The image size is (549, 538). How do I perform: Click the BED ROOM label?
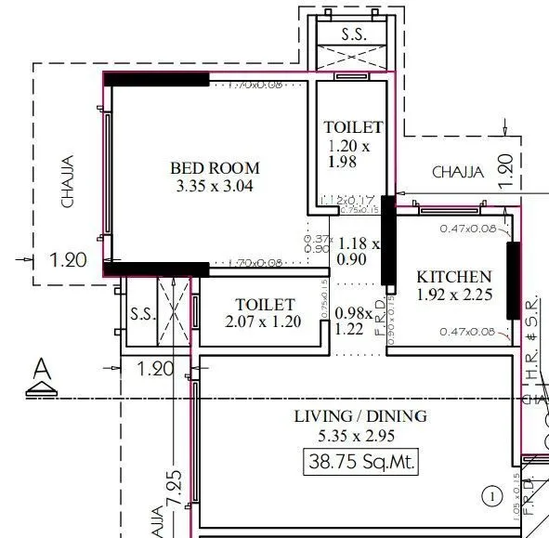pyautogui.click(x=215, y=168)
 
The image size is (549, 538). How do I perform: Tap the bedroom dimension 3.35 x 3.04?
pyautogui.click(x=215, y=186)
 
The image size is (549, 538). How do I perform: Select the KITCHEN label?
pyautogui.click(x=453, y=277)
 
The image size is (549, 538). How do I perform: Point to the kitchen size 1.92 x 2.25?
pyautogui.click(x=453, y=295)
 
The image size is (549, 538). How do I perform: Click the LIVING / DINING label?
pyautogui.click(x=360, y=416)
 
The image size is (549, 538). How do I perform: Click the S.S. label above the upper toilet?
pyautogui.click(x=352, y=34)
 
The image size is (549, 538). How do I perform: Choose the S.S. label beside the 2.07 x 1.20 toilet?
pyautogui.click(x=141, y=312)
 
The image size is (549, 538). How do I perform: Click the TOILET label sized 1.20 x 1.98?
pyautogui.click(x=352, y=127)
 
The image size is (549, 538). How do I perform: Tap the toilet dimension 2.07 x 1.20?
pyautogui.click(x=264, y=322)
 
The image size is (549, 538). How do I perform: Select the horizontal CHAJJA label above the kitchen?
pyautogui.click(x=458, y=172)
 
